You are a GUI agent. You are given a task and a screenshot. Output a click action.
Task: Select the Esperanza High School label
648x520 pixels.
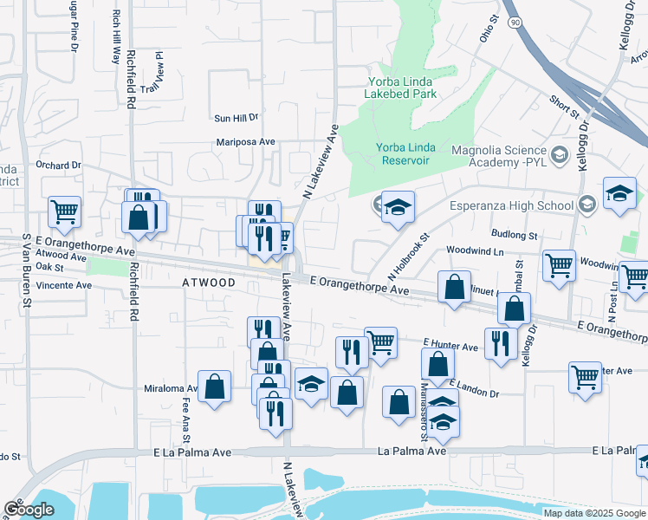click(x=511, y=205)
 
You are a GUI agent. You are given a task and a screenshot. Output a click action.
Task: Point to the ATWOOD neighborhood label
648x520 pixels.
click(x=209, y=283)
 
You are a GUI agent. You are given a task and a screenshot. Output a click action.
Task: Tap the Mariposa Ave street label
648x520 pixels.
click(x=245, y=142)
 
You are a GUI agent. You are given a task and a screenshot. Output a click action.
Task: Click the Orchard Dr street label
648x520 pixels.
click(x=58, y=165)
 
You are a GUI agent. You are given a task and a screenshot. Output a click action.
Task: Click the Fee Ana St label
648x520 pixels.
click(x=186, y=415)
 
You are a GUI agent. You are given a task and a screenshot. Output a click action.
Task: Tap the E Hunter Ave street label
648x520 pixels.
click(x=450, y=347)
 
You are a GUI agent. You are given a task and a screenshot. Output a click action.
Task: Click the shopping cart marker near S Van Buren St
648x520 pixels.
click(x=64, y=211)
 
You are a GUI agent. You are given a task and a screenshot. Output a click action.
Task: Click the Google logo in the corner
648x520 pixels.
click(x=29, y=510)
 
